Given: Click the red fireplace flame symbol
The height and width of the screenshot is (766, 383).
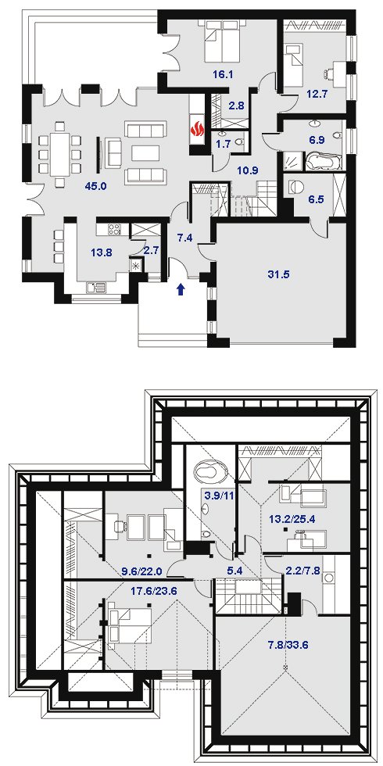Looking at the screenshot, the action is [197, 131].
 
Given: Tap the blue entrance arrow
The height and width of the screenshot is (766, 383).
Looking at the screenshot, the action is [181, 289].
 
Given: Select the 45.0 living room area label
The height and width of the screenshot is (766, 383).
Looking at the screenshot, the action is [97, 186].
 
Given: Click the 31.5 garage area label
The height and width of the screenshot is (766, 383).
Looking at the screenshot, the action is [279, 274].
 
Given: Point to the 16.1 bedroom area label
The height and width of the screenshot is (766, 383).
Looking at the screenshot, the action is [224, 75].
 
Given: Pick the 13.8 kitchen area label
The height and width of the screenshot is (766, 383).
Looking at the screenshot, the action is [102, 252].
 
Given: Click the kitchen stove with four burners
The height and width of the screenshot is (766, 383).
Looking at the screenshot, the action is [113, 229].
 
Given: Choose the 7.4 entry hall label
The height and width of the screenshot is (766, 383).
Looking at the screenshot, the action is [184, 238].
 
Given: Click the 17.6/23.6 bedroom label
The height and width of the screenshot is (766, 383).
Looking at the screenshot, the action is [154, 590].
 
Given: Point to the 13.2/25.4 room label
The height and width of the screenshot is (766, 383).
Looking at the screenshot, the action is [292, 519].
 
